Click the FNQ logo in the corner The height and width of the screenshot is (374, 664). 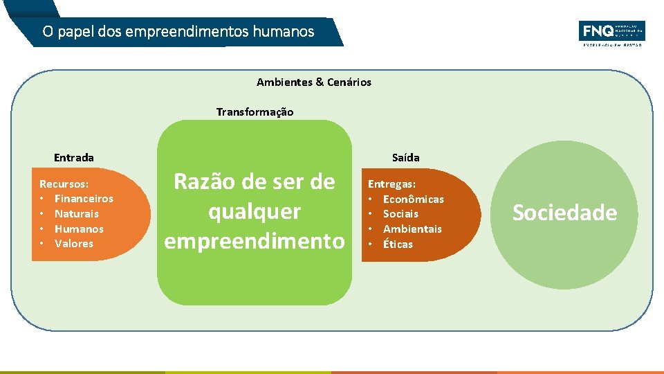click(611, 33)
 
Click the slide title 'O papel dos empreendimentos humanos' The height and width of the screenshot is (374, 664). click(178, 32)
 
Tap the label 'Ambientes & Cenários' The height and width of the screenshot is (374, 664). click(313, 82)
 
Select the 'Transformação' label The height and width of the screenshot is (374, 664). click(255, 112)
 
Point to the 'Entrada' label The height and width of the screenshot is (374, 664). click(73, 158)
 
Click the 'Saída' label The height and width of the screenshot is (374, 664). click(405, 158)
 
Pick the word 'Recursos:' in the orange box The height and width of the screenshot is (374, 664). click(64, 184)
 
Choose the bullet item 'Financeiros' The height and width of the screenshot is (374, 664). click(84, 199)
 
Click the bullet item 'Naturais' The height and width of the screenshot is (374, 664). click(77, 214)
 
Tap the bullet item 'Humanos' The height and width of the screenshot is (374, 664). click(79, 229)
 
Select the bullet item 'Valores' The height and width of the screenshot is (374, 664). click(74, 244)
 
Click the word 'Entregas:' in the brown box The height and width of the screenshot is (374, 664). click(391, 184)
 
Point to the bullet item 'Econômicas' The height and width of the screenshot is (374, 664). click(414, 199)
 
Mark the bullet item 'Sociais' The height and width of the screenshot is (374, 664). click(400, 214)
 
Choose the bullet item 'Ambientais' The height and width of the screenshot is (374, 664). click(412, 229)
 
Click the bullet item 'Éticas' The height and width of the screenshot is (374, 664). click(398, 244)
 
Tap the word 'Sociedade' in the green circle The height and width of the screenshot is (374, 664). click(564, 213)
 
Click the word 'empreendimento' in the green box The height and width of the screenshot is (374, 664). click(254, 240)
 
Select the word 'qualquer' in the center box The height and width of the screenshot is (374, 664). click(255, 211)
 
